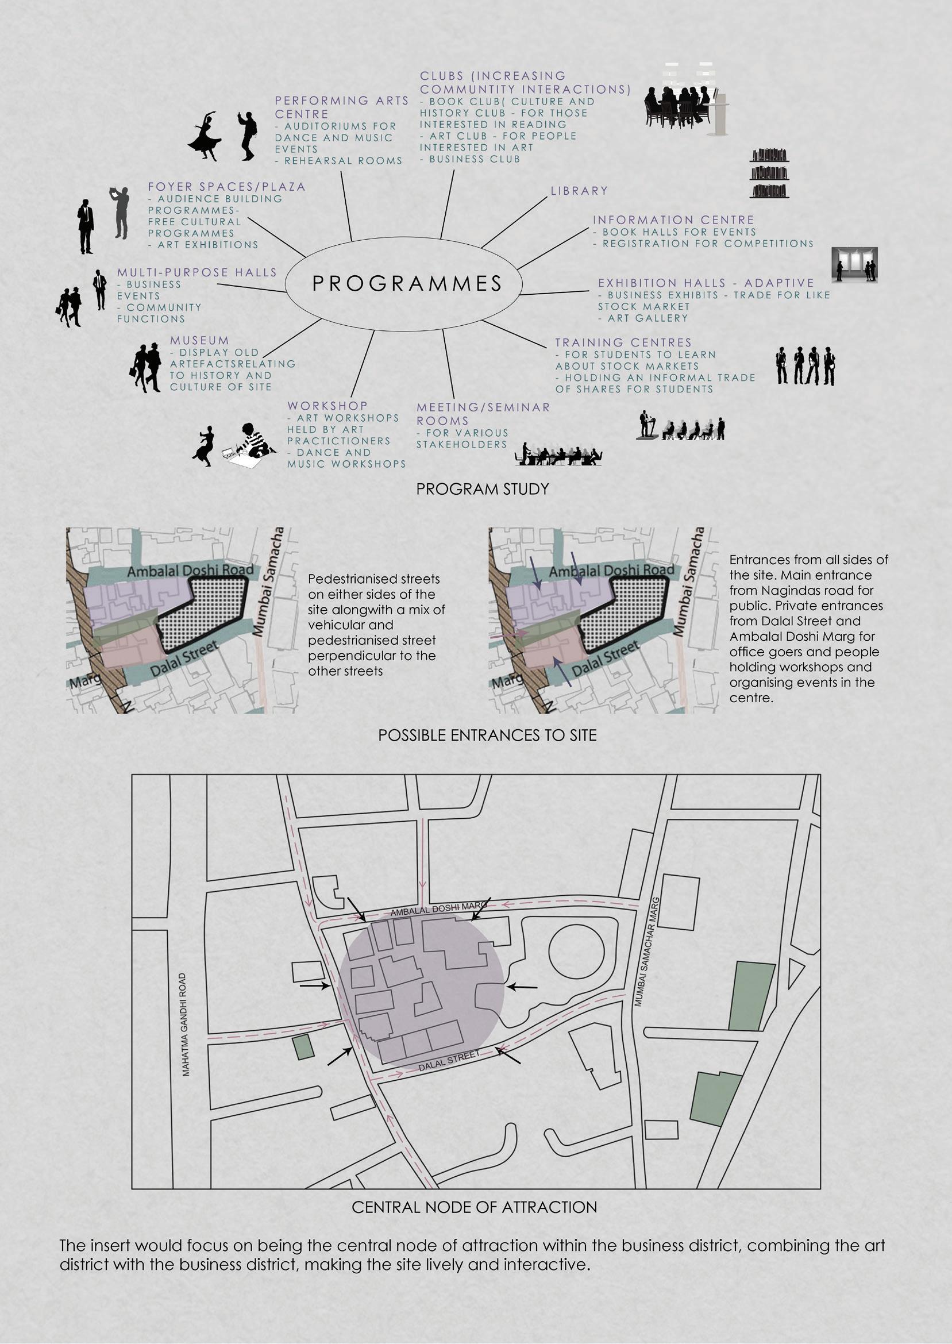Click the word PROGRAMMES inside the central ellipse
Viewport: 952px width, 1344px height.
coord(407,284)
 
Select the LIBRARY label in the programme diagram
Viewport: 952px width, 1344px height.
coord(579,191)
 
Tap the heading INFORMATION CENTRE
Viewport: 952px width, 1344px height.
coord(673,220)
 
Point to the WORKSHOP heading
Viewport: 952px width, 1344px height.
coord(327,406)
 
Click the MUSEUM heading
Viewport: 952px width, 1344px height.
coord(199,341)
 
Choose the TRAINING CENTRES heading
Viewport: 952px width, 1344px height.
coord(623,342)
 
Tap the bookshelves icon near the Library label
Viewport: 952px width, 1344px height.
coord(769,174)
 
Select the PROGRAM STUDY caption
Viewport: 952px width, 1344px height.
coord(482,489)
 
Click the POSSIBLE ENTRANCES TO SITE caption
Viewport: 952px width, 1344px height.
coord(487,735)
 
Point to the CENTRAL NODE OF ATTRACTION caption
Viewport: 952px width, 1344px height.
coord(474,1207)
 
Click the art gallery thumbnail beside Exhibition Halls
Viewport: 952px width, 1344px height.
coord(855,265)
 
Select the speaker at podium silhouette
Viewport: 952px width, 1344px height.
coord(645,425)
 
